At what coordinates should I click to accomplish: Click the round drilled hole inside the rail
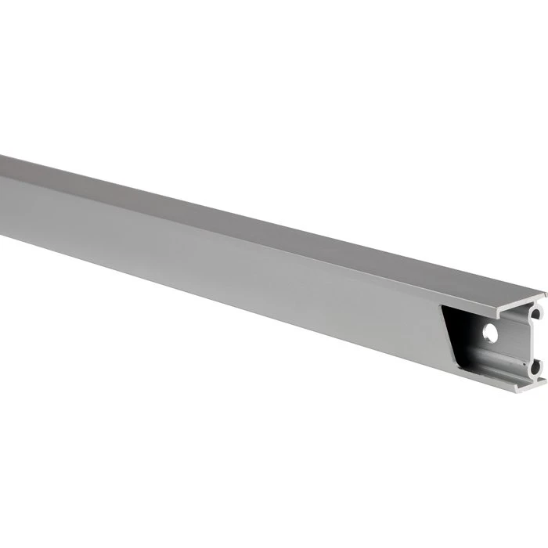click(x=491, y=333)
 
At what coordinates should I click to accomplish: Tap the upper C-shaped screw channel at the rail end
click(x=535, y=314)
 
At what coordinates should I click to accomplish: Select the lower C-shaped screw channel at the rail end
click(x=535, y=366)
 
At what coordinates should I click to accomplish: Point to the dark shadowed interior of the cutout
click(x=462, y=329)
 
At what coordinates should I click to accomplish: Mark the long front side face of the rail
click(x=235, y=258)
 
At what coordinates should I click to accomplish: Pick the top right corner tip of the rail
click(x=546, y=293)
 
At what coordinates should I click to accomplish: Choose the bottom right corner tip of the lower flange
click(x=545, y=381)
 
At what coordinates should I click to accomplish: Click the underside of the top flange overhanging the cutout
click(x=485, y=311)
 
